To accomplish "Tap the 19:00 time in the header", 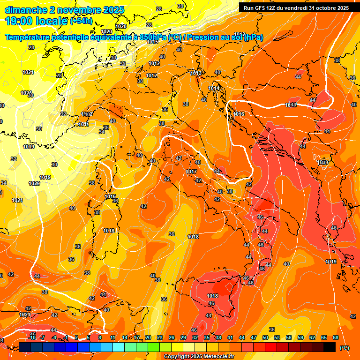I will (x=19, y=21).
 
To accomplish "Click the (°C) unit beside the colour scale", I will (x=344, y=348).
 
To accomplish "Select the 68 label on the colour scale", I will (x=336, y=337).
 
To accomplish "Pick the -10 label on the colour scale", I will (x=32, y=337).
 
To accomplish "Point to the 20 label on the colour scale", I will (x=148, y=337).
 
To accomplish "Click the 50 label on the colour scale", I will (x=265, y=337).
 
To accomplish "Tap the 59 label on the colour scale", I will (x=300, y=337).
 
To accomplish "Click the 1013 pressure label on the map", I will (x=196, y=74).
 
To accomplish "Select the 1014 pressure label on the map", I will (x=214, y=88).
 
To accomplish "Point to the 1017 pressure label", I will (x=191, y=172).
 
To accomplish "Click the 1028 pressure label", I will (x=34, y=183).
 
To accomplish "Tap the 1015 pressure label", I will (x=152, y=42).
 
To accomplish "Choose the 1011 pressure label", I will (x=84, y=124).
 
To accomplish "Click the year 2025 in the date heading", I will (x=113, y=10).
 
